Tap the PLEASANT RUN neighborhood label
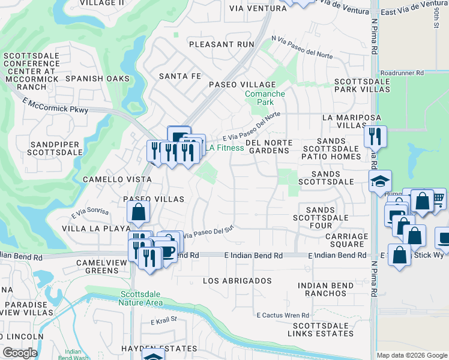point(217,44)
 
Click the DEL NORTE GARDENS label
point(269,146)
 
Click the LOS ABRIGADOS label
point(237,281)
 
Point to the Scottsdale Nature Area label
point(142,298)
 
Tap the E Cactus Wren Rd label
point(282,315)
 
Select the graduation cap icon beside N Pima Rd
point(380,181)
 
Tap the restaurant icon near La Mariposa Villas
point(375,136)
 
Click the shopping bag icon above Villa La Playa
point(138,211)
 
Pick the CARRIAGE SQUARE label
point(345,240)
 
